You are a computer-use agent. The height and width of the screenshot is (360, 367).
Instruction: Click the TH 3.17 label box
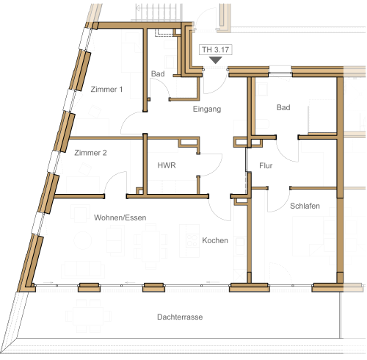[215, 50]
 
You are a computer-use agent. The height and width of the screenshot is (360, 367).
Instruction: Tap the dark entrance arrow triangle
[215, 60]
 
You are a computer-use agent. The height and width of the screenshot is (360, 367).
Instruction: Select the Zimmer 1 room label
[106, 89]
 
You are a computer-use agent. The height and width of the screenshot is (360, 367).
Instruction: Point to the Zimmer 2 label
[90, 153]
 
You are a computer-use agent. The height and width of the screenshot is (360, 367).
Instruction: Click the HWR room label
[167, 165]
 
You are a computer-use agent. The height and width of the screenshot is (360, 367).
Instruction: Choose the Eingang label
[207, 109]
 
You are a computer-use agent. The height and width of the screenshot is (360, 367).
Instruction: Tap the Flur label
[266, 166]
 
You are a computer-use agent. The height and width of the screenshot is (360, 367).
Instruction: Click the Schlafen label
[305, 206]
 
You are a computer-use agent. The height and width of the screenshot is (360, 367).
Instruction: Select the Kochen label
[215, 240]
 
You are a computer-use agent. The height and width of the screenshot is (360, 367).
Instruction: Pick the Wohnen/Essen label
[120, 217]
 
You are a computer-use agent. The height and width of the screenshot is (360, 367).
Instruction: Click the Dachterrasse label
[180, 317]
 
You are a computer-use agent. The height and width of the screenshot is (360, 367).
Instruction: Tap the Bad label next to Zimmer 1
[158, 73]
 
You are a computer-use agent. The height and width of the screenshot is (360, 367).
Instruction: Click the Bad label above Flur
[283, 107]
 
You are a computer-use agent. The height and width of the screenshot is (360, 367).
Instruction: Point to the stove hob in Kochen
[192, 240]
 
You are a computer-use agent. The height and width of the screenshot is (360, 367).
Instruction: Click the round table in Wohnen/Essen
[83, 240]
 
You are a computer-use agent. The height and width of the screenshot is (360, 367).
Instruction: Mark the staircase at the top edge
[158, 12]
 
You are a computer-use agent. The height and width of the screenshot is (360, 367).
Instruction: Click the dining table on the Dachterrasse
[88, 316]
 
